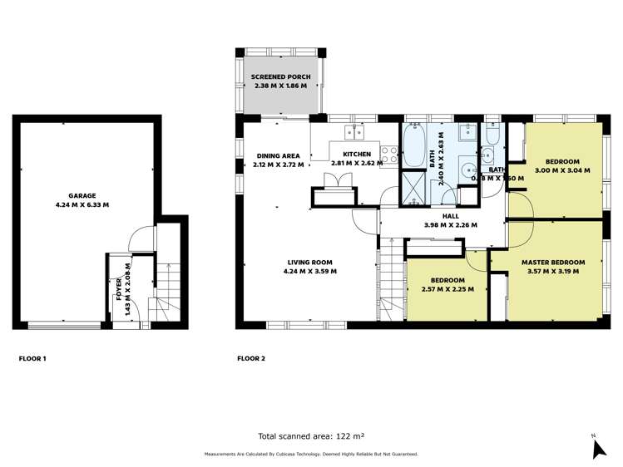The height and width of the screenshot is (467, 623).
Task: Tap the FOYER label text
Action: [x=119, y=289]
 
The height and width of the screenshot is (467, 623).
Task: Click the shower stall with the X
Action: [x=413, y=188]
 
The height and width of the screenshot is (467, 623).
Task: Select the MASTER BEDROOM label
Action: [x=553, y=263]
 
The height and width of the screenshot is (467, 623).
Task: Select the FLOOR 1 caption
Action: [x=32, y=359]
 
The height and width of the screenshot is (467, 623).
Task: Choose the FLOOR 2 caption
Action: [x=251, y=359]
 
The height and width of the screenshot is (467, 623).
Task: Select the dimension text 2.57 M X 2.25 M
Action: [x=447, y=289]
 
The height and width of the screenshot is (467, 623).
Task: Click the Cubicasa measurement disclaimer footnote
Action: [x=311, y=454]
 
